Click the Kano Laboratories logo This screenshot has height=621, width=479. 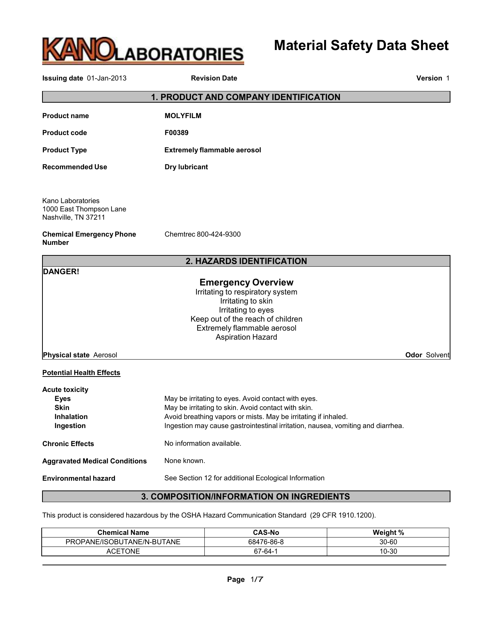[x=143, y=51]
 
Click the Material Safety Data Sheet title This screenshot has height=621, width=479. [x=361, y=46]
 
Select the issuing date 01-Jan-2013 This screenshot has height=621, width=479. [x=107, y=78]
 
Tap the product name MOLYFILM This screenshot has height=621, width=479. [x=183, y=116]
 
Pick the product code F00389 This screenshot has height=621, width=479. [x=177, y=133]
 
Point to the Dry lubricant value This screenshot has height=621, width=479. [x=186, y=167]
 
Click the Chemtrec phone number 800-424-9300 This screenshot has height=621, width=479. [x=218, y=234]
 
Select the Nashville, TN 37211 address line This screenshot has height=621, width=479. [x=74, y=217]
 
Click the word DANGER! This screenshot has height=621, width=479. [x=61, y=272]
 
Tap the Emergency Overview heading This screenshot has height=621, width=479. [x=246, y=282]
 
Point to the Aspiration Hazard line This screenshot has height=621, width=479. [x=246, y=337]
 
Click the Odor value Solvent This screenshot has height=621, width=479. [x=437, y=355]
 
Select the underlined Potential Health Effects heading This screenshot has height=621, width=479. [x=81, y=373]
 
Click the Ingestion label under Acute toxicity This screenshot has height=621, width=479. [x=70, y=426]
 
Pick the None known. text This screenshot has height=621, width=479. [x=184, y=461]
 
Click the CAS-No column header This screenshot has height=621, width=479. [x=266, y=533]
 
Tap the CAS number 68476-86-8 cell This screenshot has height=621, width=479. [x=266, y=542]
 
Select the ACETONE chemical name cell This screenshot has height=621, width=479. [x=123, y=551]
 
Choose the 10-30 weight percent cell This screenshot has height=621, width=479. [x=388, y=551]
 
